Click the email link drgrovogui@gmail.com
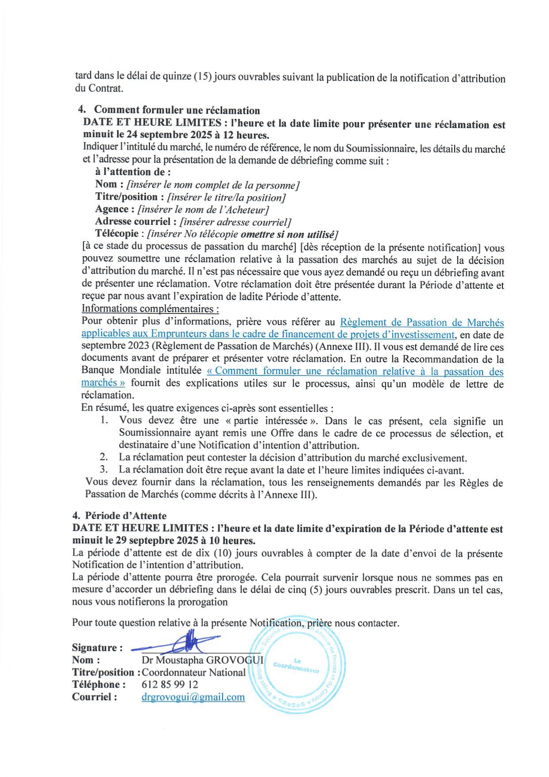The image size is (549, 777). click(193, 697)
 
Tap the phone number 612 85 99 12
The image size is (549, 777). click(170, 684)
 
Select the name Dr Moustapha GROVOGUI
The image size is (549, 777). click(202, 660)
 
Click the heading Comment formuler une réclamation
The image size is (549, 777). click(177, 110)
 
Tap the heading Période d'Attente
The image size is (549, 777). click(126, 516)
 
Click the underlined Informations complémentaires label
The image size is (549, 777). click(150, 309)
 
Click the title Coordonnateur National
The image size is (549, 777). click(193, 673)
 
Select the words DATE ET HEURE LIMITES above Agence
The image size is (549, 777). click(152, 122)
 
